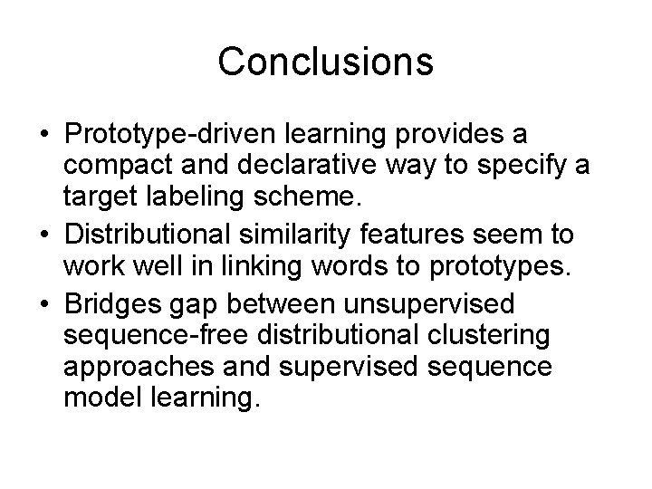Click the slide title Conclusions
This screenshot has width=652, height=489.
pyautogui.click(x=326, y=62)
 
